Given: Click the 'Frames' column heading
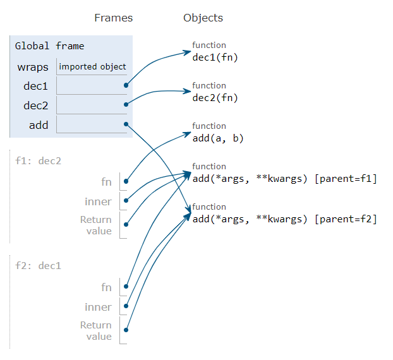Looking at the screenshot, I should pyautogui.click(x=114, y=18).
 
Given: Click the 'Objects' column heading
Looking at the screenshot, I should pyautogui.click(x=203, y=18).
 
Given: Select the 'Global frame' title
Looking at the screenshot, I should pyautogui.click(x=49, y=46).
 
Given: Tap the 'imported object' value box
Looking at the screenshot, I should pyautogui.click(x=92, y=66).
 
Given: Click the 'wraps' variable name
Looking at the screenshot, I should pyautogui.click(x=33, y=67).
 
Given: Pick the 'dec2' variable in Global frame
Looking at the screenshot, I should pyautogui.click(x=36, y=105).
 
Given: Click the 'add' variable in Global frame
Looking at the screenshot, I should pyautogui.click(x=39, y=125).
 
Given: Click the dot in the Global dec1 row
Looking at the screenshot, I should pyautogui.click(x=127, y=85).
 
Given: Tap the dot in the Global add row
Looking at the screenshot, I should pyautogui.click(x=127, y=124).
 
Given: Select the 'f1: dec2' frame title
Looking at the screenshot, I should pyautogui.click(x=39, y=160).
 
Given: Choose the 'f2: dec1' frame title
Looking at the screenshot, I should pyautogui.click(x=39, y=265).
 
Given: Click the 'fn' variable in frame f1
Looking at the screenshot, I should pyautogui.click(x=106, y=182).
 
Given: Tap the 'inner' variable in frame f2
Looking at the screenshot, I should pyautogui.click(x=98, y=307).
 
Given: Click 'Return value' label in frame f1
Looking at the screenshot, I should pyautogui.click(x=96, y=225).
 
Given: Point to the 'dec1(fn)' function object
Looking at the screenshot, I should pyautogui.click(x=215, y=57).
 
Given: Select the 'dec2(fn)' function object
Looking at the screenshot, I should pyautogui.click(x=215, y=98).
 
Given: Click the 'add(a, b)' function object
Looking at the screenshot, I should pyautogui.click(x=218, y=138).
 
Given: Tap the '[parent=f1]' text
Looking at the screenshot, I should pyautogui.click(x=345, y=179).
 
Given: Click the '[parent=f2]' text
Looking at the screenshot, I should pyautogui.click(x=345, y=219).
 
